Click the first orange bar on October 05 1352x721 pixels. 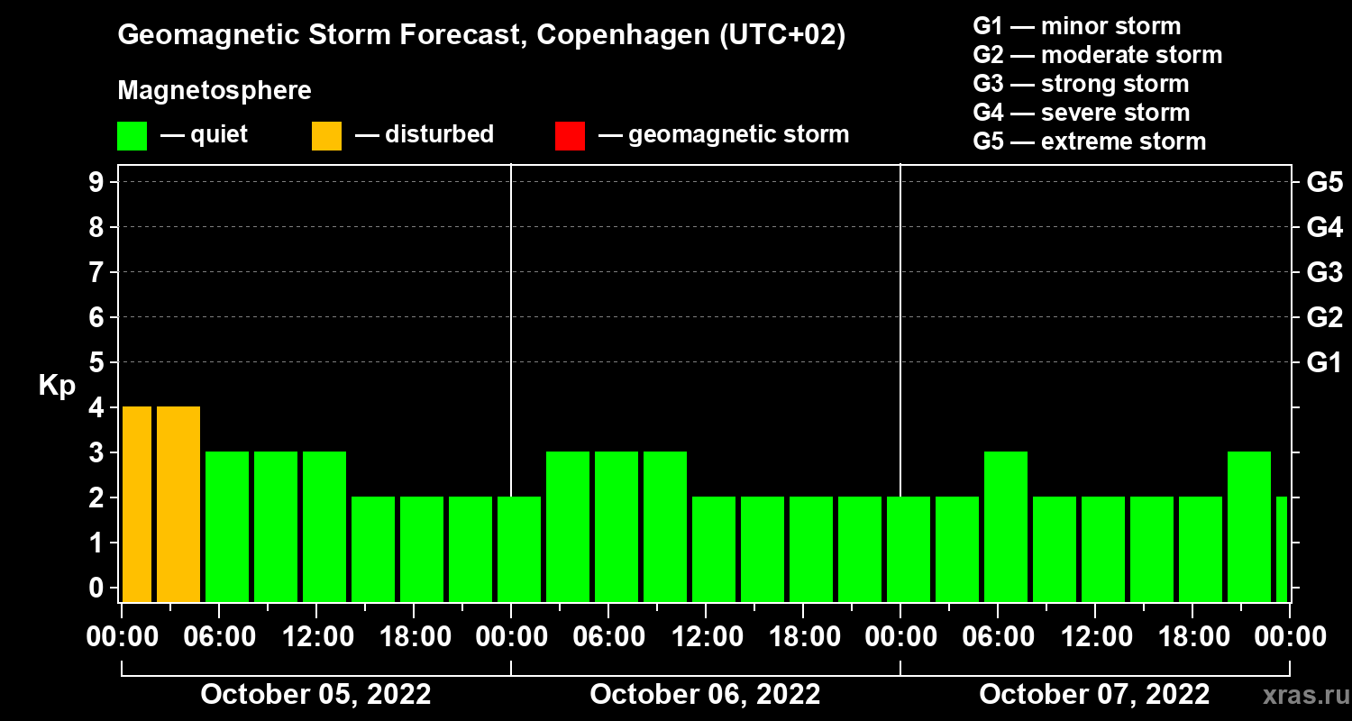coord(137,504)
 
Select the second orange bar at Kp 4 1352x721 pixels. coord(178,504)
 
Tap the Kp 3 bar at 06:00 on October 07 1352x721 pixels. coord(1006,526)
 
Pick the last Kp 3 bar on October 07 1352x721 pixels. coord(1249,526)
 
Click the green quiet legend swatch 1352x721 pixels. coord(132,136)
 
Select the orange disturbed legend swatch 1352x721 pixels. coord(326,136)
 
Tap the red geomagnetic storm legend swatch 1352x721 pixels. coord(570,136)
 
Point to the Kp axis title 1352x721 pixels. coord(57,386)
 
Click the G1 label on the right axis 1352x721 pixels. coord(1324,362)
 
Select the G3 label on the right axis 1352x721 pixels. coord(1324,272)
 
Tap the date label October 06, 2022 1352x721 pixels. coord(705,695)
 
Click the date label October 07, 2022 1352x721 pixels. coord(1094,695)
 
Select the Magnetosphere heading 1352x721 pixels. coord(215,91)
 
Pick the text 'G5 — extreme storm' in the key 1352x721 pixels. coord(1089,141)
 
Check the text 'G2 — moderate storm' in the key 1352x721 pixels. coord(1097,55)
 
